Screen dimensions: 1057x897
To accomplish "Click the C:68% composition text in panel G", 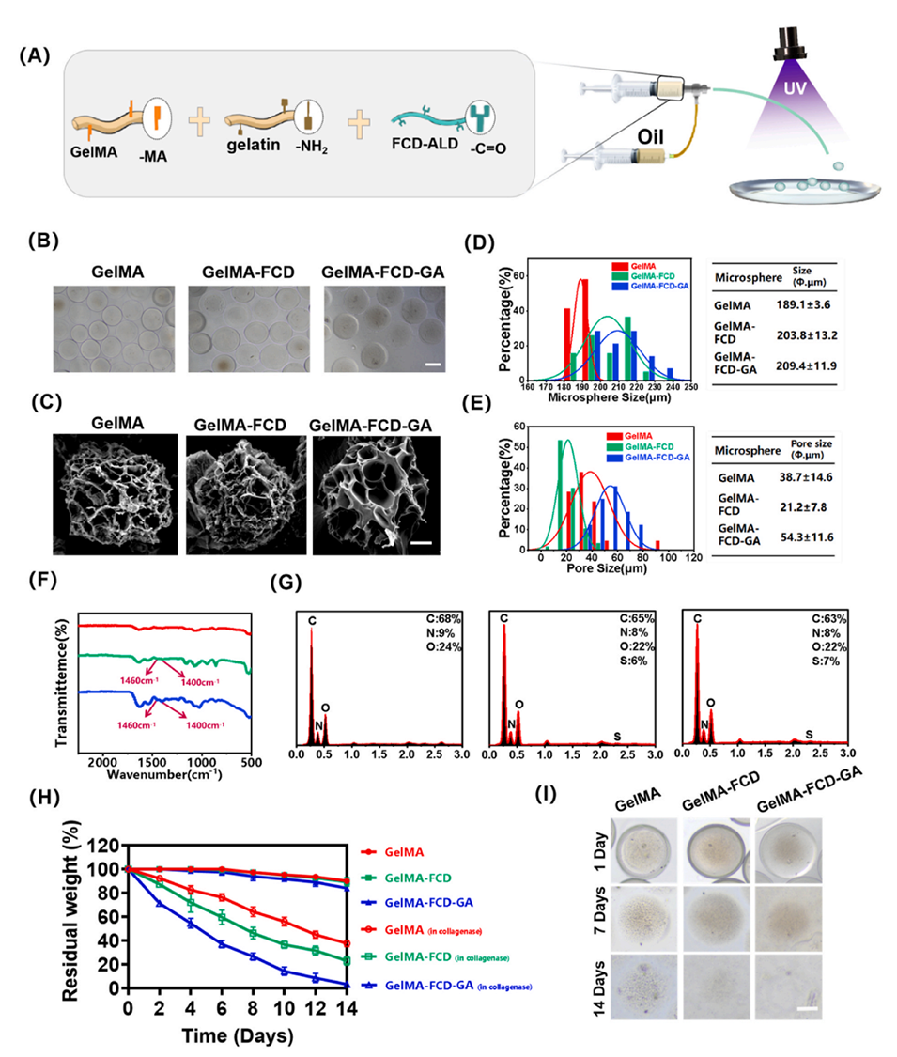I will (x=441, y=615).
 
